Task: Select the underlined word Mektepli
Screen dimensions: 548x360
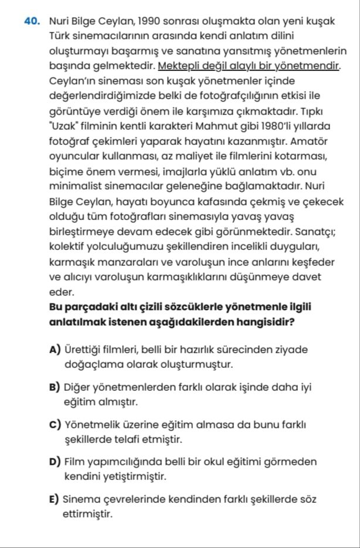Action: click(x=179, y=65)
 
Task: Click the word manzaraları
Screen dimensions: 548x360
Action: click(x=123, y=261)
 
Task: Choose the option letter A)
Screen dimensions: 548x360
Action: click(x=56, y=350)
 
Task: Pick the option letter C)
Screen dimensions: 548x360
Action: click(x=56, y=424)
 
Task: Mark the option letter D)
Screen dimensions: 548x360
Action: click(x=56, y=461)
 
